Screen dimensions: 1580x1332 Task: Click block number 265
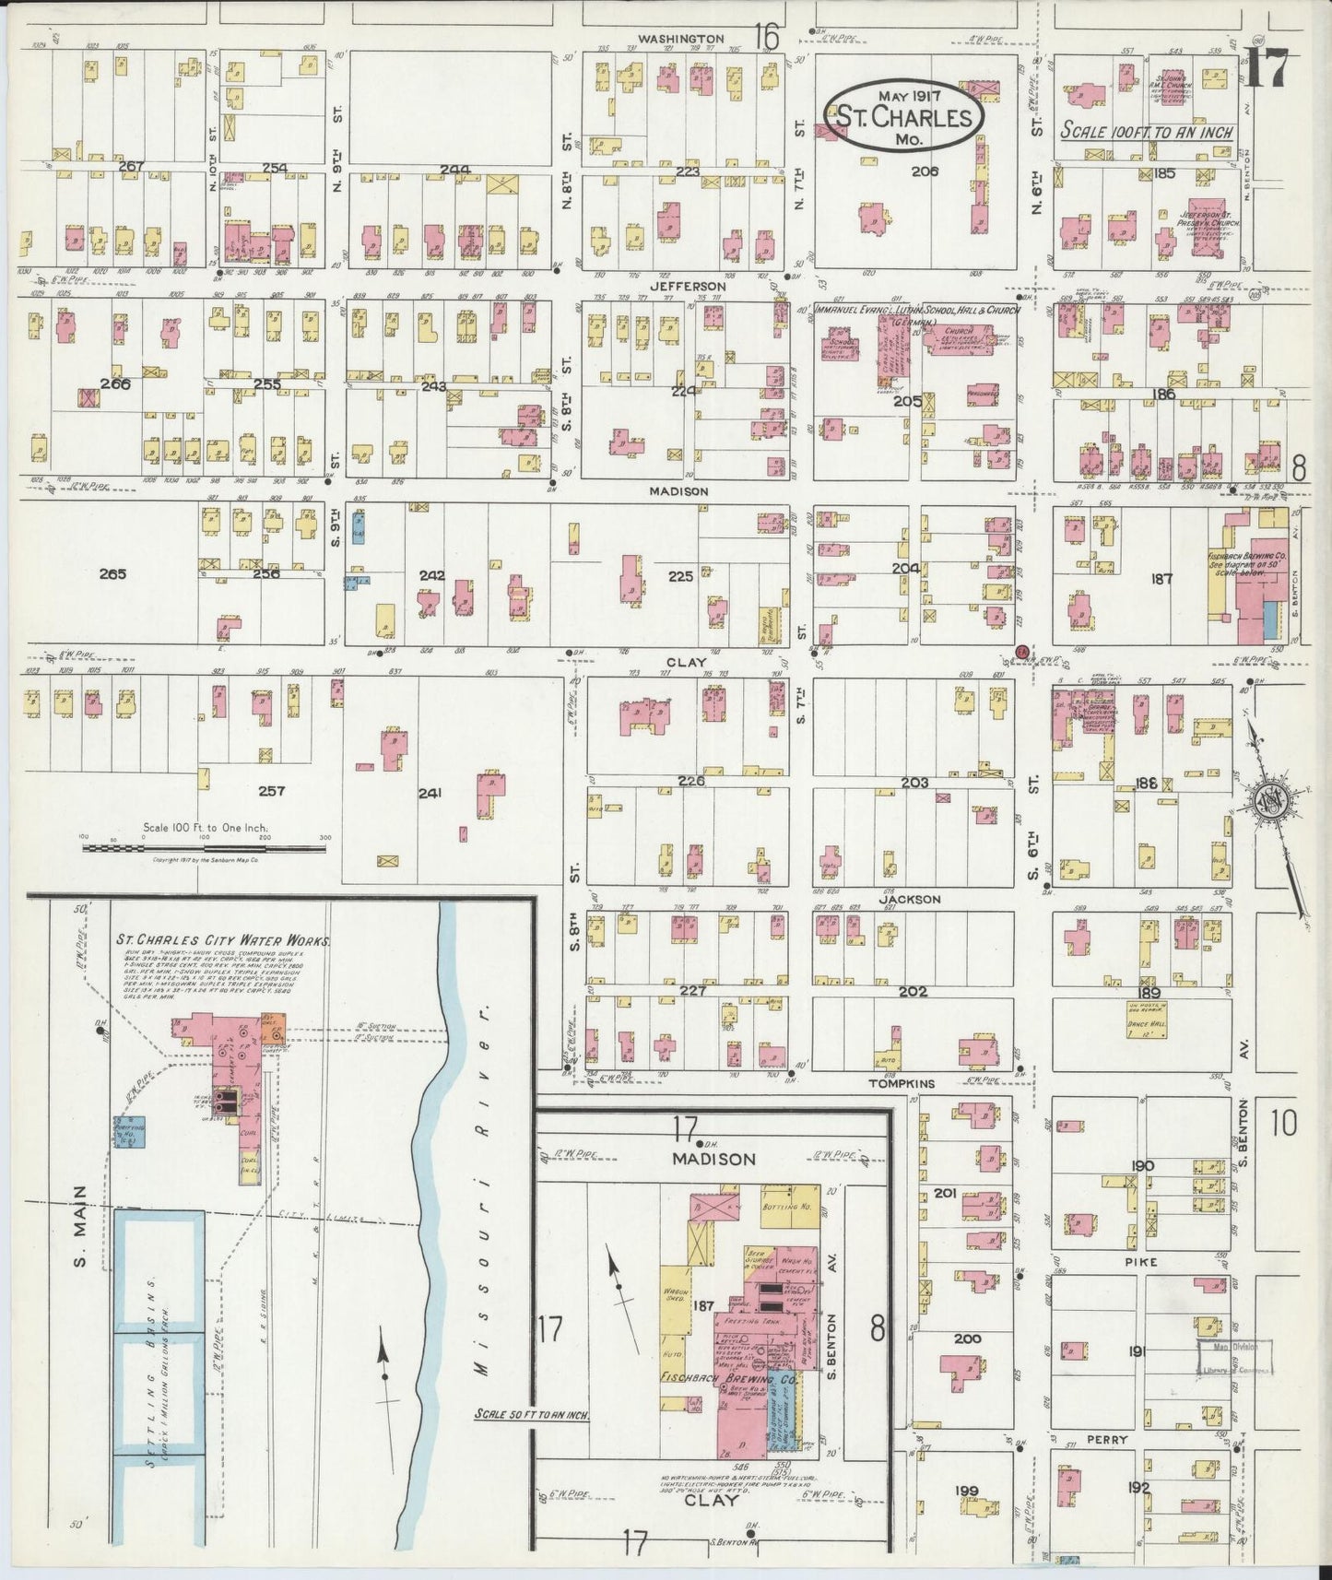[112, 573]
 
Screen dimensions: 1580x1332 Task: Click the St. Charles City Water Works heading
[222, 941]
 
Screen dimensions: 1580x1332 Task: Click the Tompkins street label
[902, 1084]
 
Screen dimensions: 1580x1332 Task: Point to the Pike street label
[1140, 1260]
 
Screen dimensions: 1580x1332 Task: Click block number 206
[925, 171]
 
